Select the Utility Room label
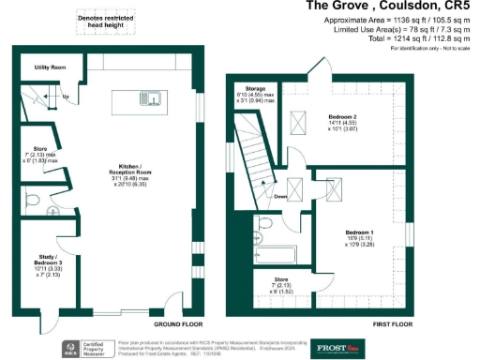coord(50,68)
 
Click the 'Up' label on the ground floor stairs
coord(66,97)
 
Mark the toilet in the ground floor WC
coord(31,200)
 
